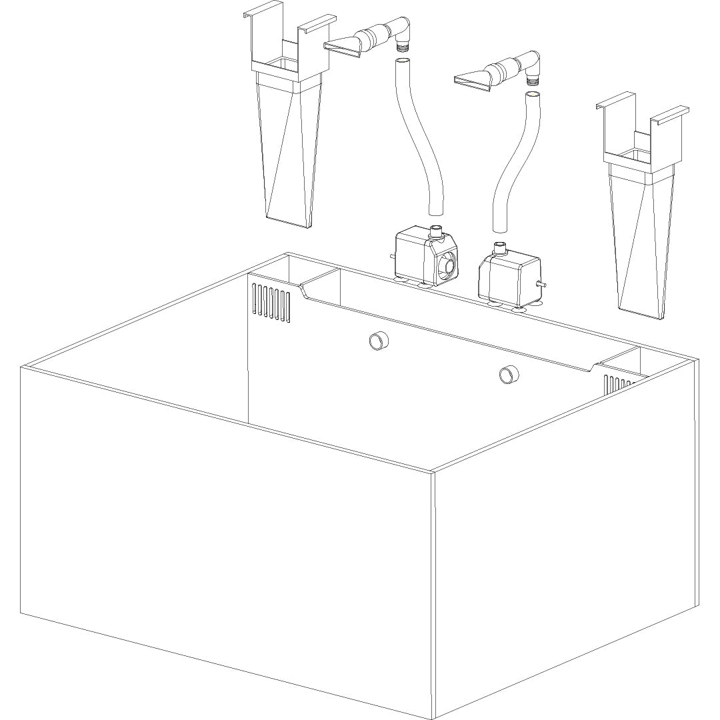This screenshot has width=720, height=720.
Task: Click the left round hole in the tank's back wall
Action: coord(378,341)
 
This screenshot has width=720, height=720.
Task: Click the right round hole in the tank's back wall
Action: coord(508,375)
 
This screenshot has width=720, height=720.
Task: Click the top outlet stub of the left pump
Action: coord(436,232)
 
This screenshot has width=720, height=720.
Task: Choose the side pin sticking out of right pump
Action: coord(544,285)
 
